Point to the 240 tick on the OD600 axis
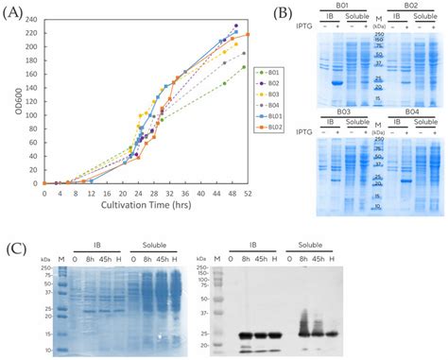(36, 19)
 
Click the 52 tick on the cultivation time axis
(248, 193)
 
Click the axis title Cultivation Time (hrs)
(147, 207)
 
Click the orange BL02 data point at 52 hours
(248, 35)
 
